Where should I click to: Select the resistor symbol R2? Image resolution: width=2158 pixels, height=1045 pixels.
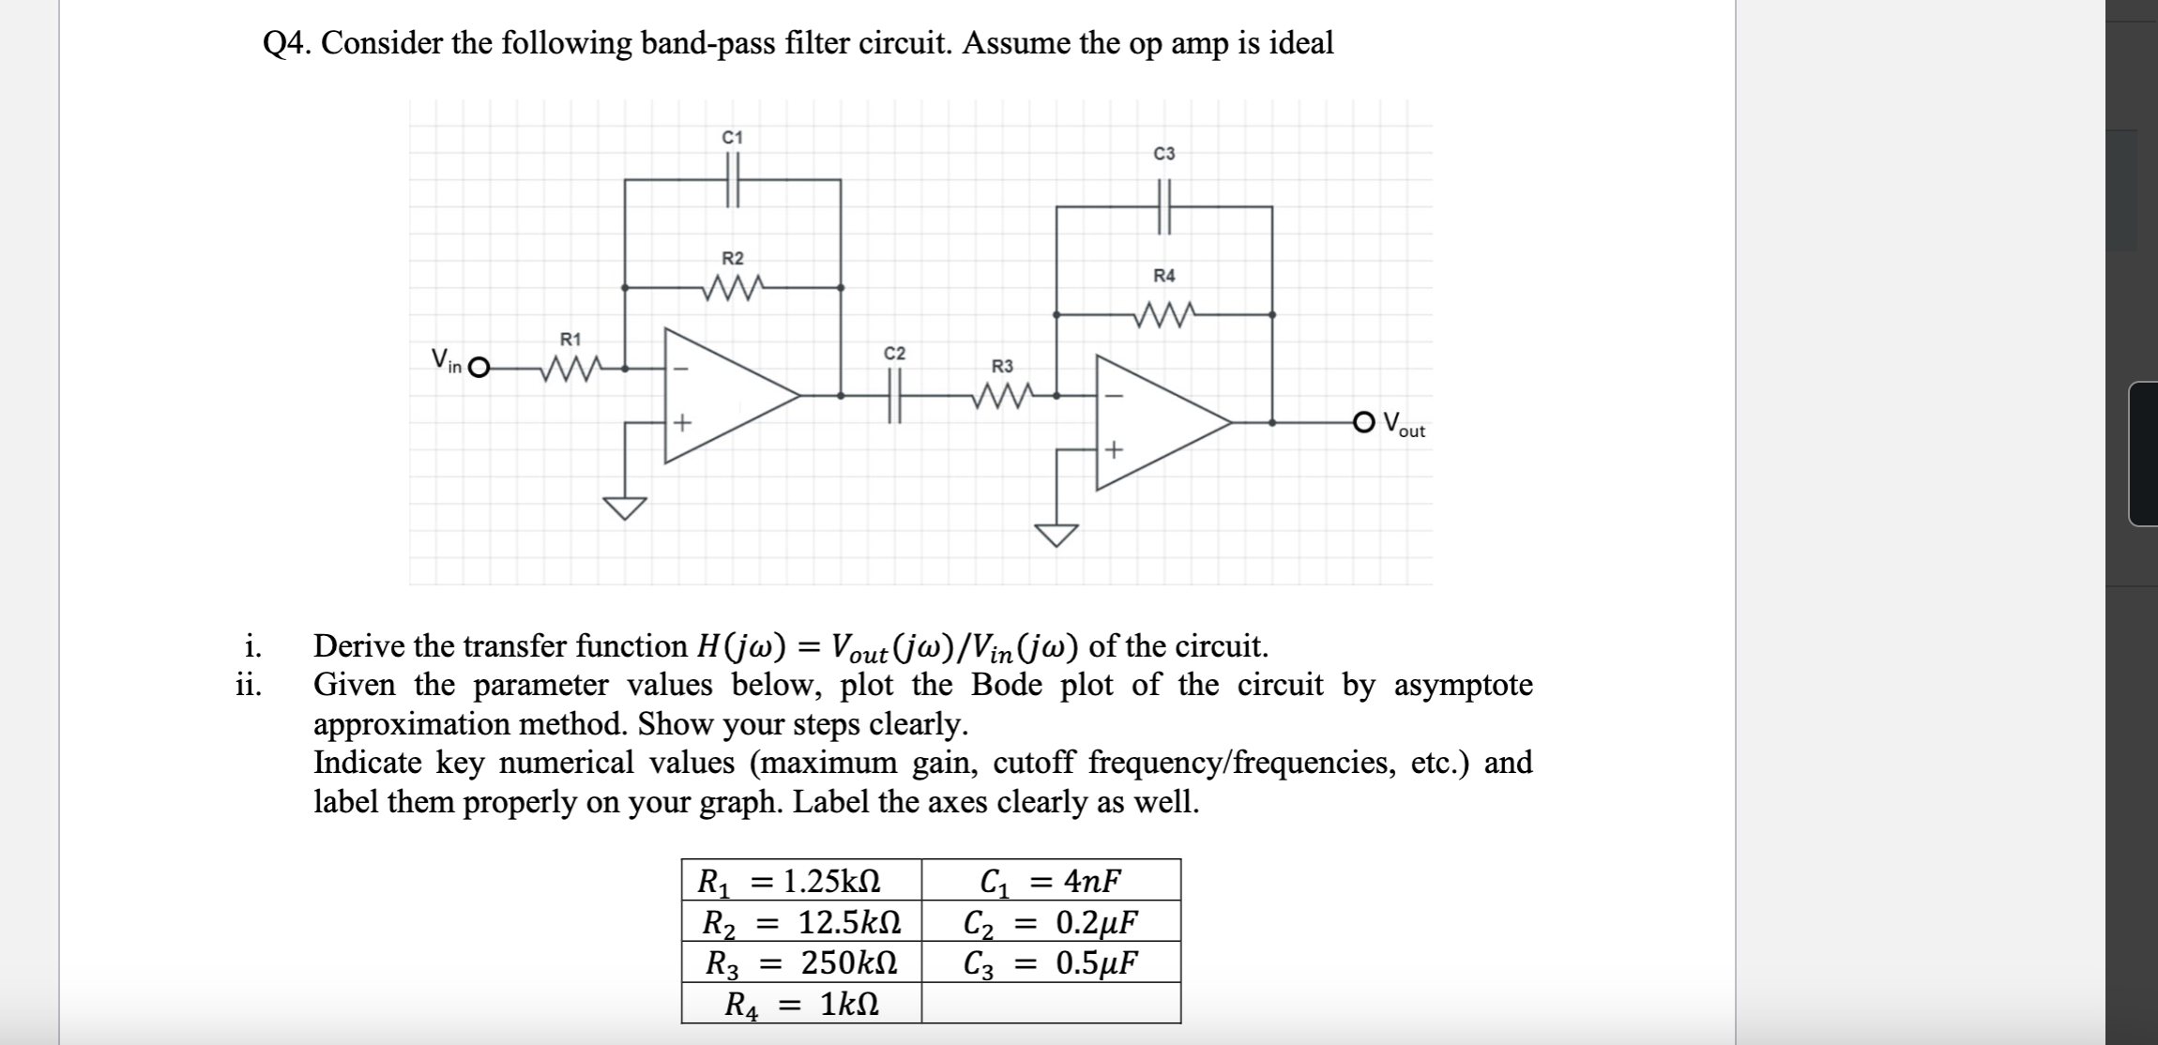coord(735,285)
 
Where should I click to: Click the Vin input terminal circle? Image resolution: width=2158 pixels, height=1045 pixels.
coord(479,368)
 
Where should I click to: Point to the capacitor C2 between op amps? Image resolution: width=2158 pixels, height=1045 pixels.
coord(894,396)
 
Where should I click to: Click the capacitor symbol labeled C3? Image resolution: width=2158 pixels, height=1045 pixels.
coord(1164,206)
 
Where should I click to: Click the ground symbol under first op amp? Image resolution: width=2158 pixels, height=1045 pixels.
coord(625,507)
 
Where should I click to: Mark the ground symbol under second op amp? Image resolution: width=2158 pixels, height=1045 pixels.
coord(1056,535)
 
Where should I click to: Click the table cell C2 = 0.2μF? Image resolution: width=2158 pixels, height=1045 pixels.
coord(1051,922)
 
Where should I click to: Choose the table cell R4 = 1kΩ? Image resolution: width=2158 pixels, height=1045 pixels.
coord(800,1005)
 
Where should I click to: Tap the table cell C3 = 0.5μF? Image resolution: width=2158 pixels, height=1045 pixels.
coord(1051,962)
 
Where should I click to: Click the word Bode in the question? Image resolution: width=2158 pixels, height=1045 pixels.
coord(1006,685)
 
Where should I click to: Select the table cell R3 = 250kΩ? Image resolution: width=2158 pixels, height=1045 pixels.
coord(800,962)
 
